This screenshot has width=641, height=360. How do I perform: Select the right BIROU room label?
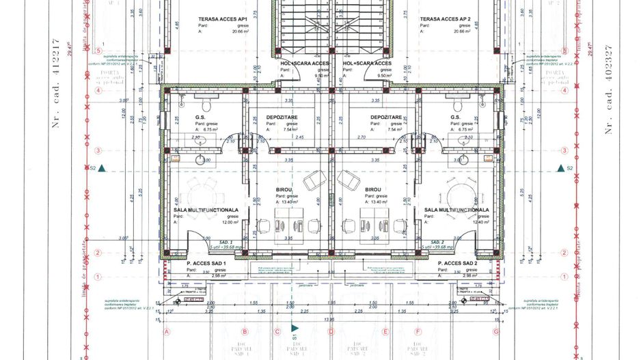pos(373,190)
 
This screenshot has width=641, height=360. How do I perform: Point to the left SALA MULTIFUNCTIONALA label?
pos(206,210)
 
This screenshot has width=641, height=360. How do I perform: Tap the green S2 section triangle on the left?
pos(101,167)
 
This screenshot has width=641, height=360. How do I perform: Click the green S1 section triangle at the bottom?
pos(294,327)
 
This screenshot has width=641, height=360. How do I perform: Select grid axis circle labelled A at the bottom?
pos(166,332)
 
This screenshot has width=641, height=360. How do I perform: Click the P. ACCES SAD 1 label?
pos(206,263)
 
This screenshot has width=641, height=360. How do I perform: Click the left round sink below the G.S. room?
pos(202,160)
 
